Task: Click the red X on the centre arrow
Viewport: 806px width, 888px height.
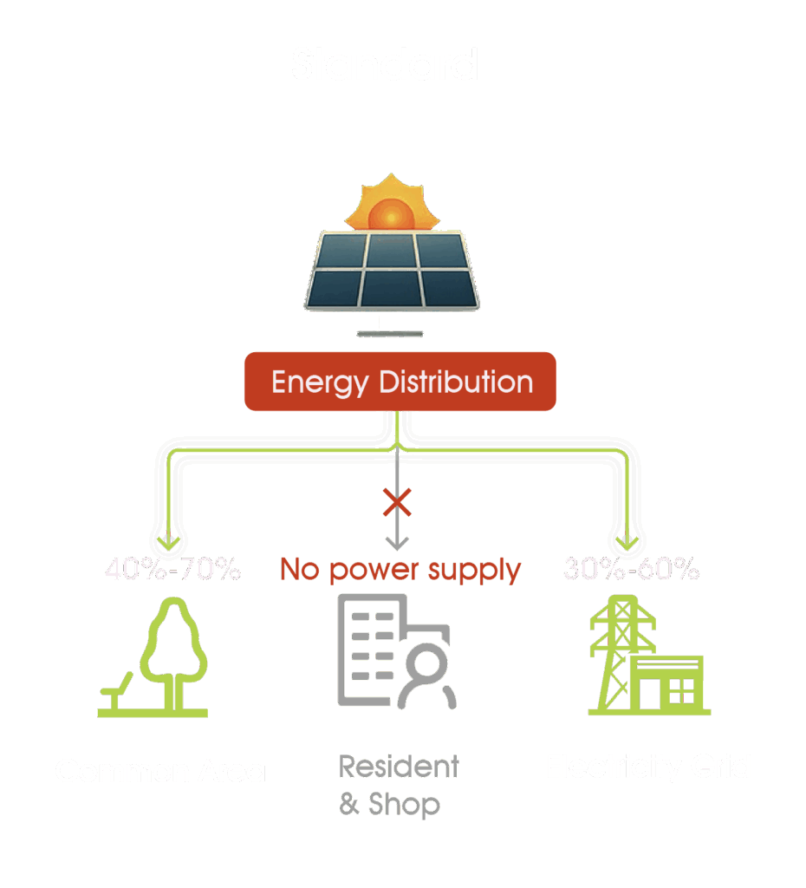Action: [397, 502]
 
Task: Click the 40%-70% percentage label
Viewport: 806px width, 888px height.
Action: [172, 570]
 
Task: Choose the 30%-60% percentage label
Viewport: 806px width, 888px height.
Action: [631, 570]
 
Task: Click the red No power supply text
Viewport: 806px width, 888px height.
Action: [400, 570]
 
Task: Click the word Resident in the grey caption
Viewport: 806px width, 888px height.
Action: [399, 767]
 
